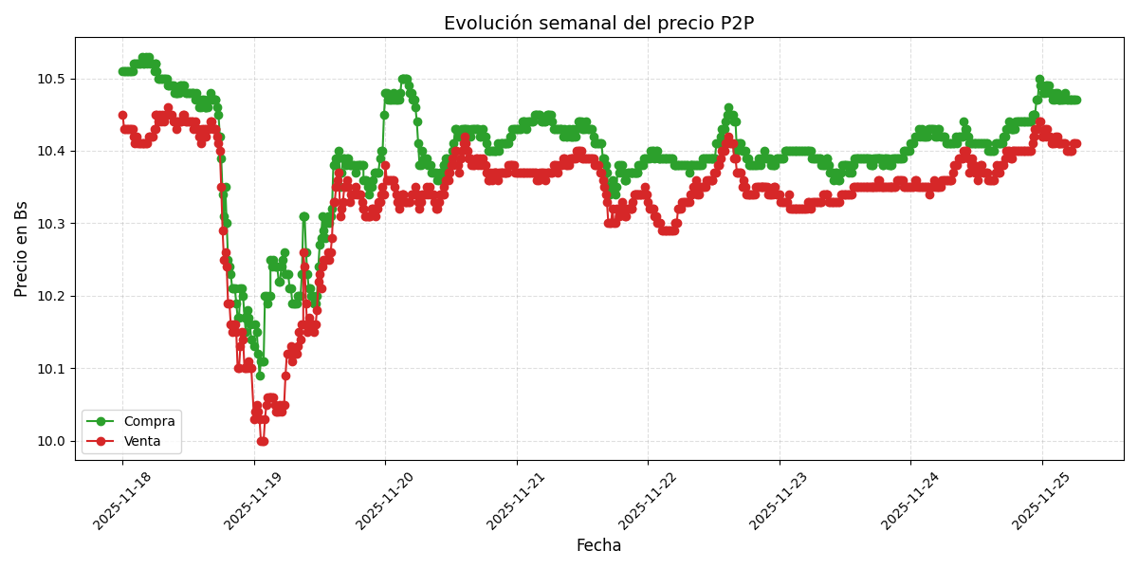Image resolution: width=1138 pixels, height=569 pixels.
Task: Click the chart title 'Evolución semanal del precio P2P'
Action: point(598,24)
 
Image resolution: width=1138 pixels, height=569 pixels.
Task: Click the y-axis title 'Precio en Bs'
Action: point(22,248)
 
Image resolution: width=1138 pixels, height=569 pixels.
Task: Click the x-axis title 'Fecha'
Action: point(598,545)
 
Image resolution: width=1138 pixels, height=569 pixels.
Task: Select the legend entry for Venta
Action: point(142,441)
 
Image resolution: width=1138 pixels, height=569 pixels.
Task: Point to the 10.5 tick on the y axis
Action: point(52,79)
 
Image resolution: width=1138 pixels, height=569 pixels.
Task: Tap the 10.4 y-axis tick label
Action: point(52,151)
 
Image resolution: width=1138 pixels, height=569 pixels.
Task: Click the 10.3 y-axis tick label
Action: point(52,224)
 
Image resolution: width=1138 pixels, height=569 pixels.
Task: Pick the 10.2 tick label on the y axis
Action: point(52,296)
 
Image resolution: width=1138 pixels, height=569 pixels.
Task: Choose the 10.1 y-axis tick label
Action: point(52,369)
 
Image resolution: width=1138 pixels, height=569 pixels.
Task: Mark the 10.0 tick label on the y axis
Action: point(52,441)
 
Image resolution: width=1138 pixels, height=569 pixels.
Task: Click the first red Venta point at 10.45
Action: point(122,115)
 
